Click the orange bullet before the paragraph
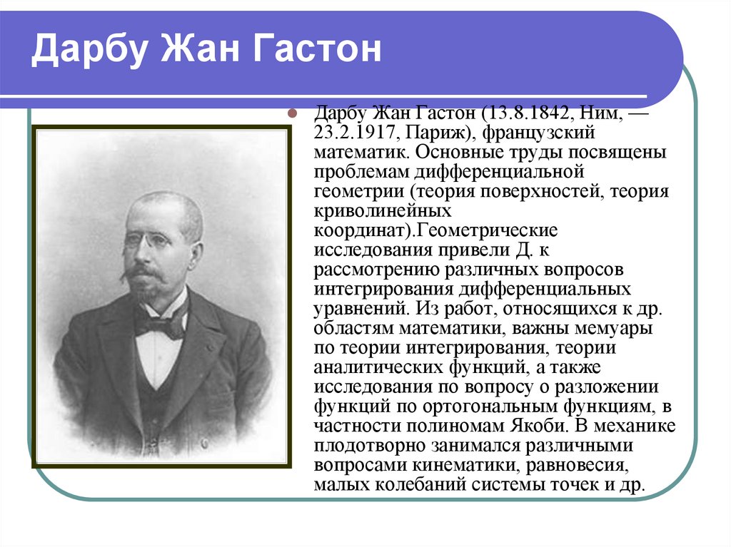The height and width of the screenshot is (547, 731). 291,115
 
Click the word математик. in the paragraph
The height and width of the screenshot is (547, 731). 361,153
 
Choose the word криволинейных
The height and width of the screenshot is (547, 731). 383,212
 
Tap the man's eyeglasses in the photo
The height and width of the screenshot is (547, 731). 146,241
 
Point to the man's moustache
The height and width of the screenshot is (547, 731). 143,272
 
